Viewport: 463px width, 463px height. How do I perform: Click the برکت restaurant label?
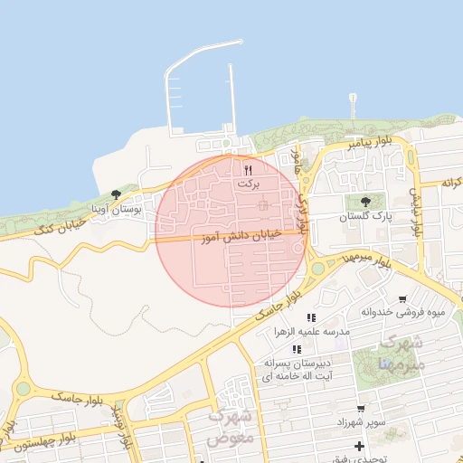(x=247, y=184)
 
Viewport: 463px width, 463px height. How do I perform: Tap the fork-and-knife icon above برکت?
(x=248, y=168)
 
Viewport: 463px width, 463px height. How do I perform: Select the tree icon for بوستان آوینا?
(x=115, y=194)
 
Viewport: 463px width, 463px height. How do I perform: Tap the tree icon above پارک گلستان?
(x=365, y=202)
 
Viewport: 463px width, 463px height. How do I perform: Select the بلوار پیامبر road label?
(x=371, y=144)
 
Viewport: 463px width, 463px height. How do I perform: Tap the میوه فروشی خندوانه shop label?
(x=403, y=314)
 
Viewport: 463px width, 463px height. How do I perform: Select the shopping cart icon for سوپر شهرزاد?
(x=361, y=409)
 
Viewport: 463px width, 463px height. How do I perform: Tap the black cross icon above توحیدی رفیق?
(x=360, y=446)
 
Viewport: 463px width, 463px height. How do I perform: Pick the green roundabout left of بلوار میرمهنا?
(x=317, y=269)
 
